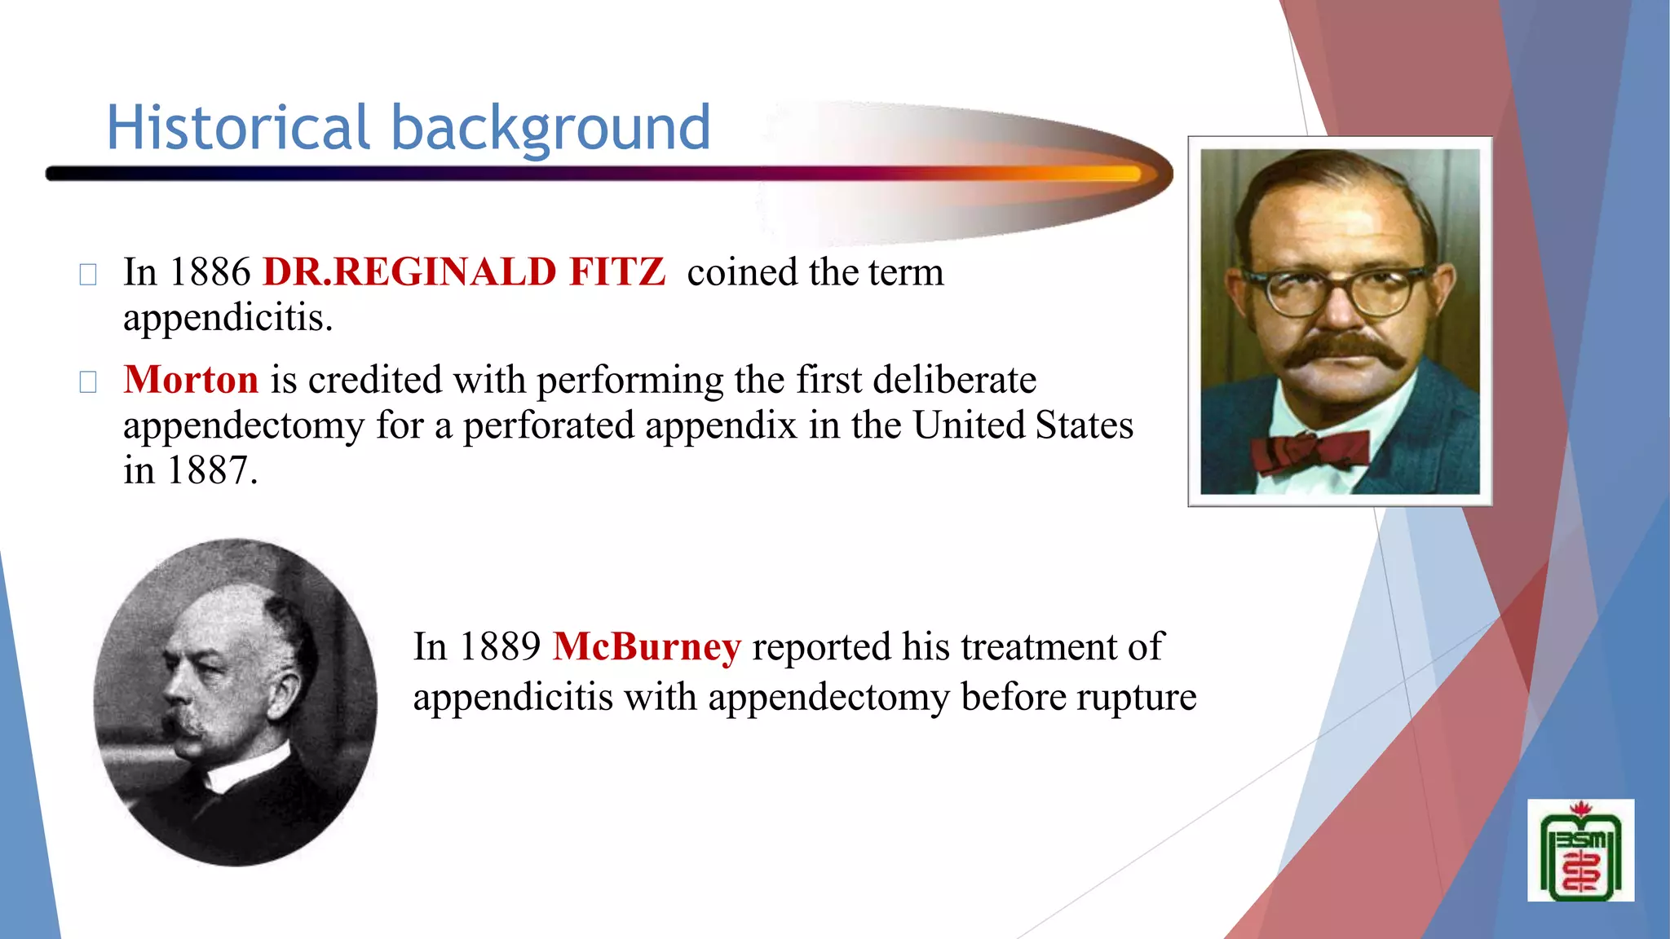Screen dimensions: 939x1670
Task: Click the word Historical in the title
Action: coord(238,128)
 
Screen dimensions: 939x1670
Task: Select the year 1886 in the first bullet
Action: coord(210,272)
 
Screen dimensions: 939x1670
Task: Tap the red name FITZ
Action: coord(616,272)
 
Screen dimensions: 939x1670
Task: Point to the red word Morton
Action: coord(191,380)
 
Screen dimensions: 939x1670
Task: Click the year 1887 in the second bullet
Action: coord(211,471)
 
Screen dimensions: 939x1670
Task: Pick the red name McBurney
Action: coord(647,647)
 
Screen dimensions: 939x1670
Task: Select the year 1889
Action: coord(500,647)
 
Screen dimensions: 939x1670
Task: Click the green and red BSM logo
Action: coord(1580,851)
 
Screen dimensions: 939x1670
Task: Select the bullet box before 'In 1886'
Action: coord(88,275)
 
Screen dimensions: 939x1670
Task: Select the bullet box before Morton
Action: coord(88,381)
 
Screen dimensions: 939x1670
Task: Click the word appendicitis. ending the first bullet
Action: coord(228,318)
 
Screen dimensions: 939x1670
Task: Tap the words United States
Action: coord(1023,425)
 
